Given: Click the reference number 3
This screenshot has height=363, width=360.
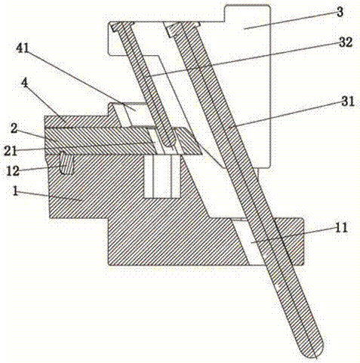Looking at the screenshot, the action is (340, 12).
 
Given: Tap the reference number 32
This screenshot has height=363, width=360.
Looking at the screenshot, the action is (346, 42).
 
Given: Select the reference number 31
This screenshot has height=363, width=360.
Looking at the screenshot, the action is (348, 102).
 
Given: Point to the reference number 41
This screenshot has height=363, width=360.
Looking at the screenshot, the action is (23, 48).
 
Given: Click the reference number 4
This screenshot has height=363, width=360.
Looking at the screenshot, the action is (25, 83).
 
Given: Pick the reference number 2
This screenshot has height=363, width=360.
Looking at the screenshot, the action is (14, 128).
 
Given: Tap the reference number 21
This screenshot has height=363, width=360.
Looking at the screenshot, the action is (11, 151).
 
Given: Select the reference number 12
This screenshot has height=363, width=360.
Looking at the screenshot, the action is (13, 171).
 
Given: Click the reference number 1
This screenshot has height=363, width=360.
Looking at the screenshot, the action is (15, 192).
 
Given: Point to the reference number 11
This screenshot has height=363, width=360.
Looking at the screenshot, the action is (341, 228).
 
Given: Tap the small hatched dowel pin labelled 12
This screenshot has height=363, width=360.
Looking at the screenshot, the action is (66, 164).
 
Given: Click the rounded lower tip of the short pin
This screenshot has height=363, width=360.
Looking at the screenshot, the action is (169, 143).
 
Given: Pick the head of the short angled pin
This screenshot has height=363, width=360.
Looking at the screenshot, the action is (122, 26).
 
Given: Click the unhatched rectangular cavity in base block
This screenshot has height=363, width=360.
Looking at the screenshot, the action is (162, 177).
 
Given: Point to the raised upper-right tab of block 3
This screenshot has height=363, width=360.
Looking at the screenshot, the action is (248, 13).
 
